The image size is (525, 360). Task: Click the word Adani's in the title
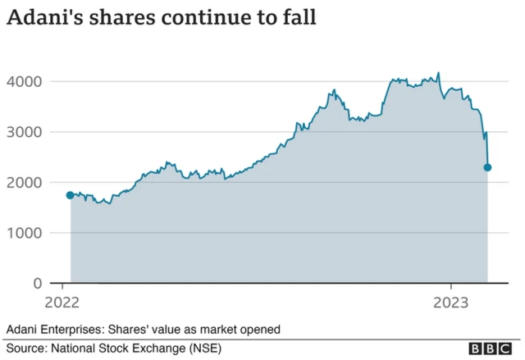tap(47, 18)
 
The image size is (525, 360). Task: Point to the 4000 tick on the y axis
tap(25, 81)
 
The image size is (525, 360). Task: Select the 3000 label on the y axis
tap(25, 132)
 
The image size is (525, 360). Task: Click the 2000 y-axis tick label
tap(25, 182)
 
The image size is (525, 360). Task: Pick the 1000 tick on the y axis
tap(25, 233)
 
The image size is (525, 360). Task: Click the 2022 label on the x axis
tap(62, 301)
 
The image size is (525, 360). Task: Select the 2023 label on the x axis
tap(450, 301)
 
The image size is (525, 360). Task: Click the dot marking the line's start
tap(70, 195)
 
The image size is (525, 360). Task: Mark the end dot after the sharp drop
tap(487, 167)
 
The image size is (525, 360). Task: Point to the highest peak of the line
tap(438, 73)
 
